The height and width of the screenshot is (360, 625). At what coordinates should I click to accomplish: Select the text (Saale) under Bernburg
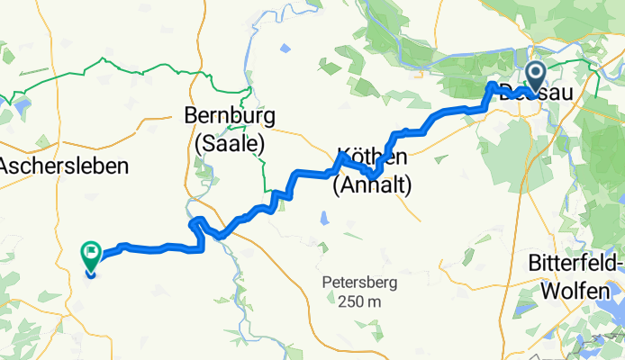pos(224,142)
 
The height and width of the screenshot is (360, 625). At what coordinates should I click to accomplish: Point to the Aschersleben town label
pos(63,166)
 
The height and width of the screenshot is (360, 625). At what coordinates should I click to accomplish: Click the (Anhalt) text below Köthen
pos(372,186)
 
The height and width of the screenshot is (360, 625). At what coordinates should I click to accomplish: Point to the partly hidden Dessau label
pos(513,92)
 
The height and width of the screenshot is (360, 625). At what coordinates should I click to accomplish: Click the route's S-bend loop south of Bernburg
pos(199,229)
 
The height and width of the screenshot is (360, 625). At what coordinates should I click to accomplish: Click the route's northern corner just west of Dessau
pos(492,85)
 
